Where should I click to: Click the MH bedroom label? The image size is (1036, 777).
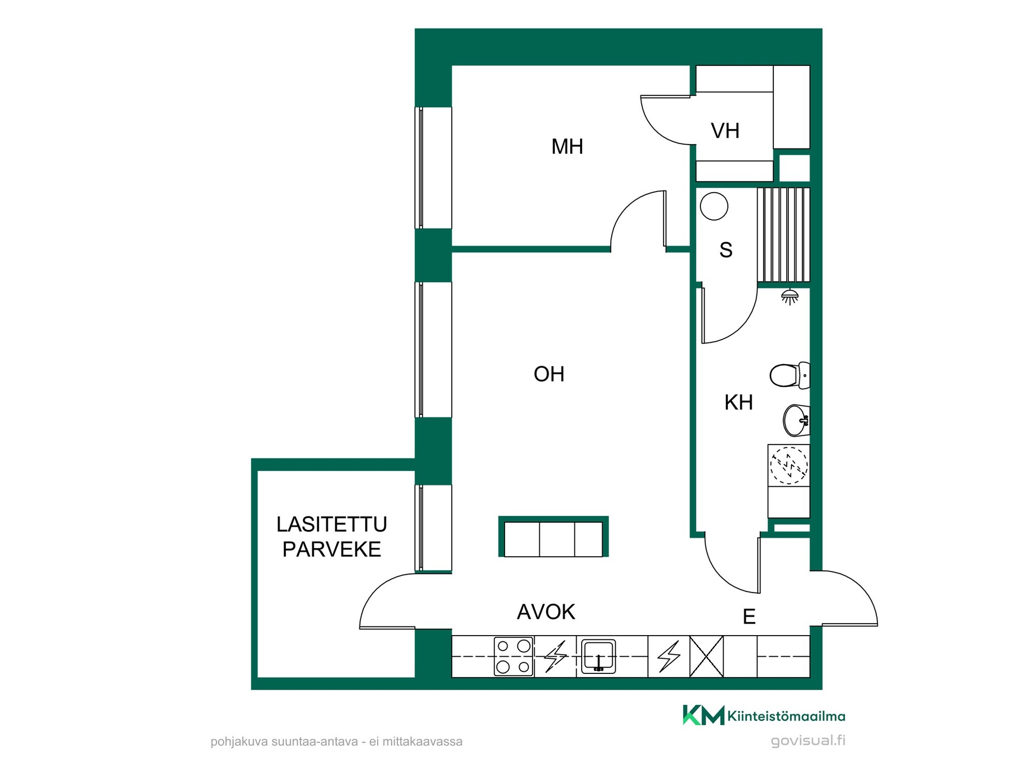pos(567,146)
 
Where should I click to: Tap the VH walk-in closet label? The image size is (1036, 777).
pos(725,131)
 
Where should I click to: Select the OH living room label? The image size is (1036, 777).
pos(549,374)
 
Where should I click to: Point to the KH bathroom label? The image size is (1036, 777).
pos(738,402)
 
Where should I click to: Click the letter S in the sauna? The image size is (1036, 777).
pos(726,250)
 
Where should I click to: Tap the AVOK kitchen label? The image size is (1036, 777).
pos(546,612)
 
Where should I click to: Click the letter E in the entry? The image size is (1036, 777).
pos(749,616)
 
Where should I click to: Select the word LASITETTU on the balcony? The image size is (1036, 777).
pos(332,524)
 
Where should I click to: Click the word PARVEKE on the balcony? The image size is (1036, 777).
pos(332,549)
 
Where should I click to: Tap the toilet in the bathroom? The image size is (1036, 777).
pos(789,375)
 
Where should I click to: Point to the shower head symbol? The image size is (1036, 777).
pos(790,296)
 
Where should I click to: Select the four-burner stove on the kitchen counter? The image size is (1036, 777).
pos(513,656)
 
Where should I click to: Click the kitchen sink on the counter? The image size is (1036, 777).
pos(598,656)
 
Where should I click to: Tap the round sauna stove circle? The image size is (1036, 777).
pos(714,206)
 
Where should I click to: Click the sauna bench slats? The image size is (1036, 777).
pos(783,235)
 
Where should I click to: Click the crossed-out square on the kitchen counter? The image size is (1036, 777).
pos(707,656)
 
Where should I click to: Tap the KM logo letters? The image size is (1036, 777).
pos(704,715)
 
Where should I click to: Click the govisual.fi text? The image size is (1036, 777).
pos(808,740)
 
